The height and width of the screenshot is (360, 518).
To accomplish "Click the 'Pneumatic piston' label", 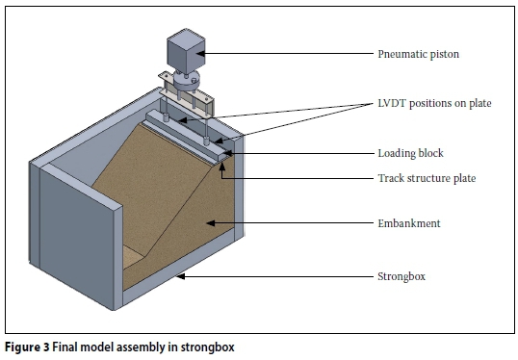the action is click(418, 54).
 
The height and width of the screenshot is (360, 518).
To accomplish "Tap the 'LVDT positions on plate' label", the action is click(434, 103).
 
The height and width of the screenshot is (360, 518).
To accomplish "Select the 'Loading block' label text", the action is click(410, 153).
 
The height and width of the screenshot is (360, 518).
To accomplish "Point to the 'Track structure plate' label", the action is click(427, 178).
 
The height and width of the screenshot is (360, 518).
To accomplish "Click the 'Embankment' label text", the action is click(409, 223).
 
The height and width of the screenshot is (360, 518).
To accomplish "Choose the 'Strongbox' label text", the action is click(401, 276).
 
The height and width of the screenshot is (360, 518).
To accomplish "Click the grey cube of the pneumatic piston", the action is click(186, 51).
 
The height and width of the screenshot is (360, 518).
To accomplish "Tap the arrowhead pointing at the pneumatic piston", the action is click(200, 54).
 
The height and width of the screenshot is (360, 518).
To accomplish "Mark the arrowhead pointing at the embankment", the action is click(211, 223).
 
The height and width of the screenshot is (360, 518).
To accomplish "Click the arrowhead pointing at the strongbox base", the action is click(180, 276).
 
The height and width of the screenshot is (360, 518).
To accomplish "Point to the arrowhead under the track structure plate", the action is click(222, 166).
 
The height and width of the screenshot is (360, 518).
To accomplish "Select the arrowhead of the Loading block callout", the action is click(228, 153).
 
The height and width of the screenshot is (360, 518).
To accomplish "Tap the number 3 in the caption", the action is click(46, 347).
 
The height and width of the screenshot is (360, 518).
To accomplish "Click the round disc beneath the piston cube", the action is click(187, 79).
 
